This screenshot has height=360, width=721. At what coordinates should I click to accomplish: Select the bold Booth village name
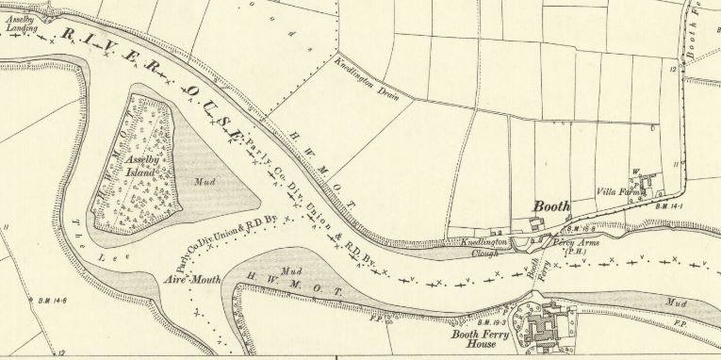pos(552,206)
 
